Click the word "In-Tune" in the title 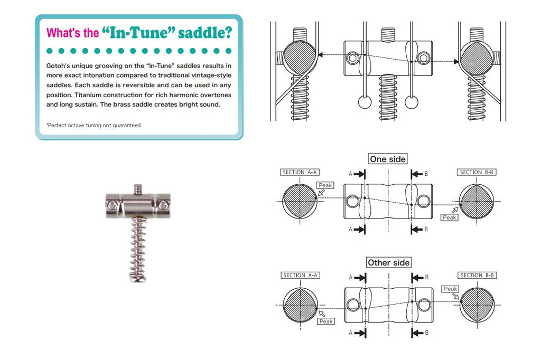(138, 32)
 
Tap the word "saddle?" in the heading (205, 33)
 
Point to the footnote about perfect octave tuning (94, 126)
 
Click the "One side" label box (388, 159)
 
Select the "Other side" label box (388, 262)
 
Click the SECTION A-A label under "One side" (300, 172)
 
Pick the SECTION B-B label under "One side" (477, 172)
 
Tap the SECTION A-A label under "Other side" (300, 275)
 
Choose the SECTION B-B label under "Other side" (477, 275)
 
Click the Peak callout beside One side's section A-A (325, 185)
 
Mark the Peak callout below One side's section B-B (449, 217)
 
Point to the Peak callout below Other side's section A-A (325, 321)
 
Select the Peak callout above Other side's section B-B (450, 289)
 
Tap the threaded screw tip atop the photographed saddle (138, 188)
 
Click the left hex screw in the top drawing (352, 58)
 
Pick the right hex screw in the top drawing (424, 58)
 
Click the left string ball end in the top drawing (365, 102)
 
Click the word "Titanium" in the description (87, 95)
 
